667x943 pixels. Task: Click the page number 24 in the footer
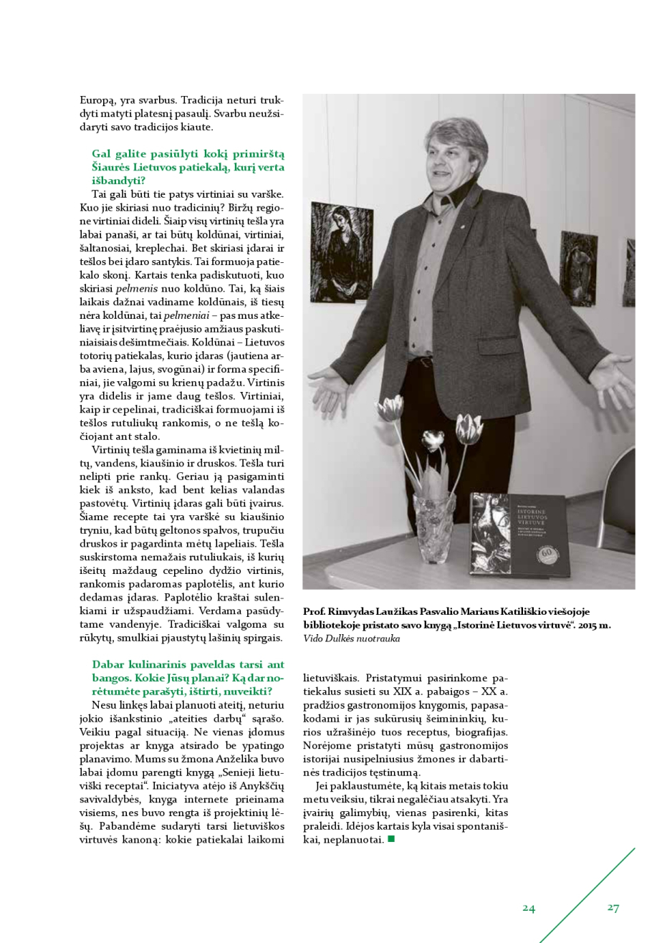pos(529,908)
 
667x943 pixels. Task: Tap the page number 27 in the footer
pos(613,907)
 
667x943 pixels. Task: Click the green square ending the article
pos(391,838)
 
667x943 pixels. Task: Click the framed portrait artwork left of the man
pos(342,251)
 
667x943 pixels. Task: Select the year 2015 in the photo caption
pos(586,625)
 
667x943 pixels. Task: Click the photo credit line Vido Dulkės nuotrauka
pos(351,638)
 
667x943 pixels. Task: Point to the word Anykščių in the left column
pos(263,785)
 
